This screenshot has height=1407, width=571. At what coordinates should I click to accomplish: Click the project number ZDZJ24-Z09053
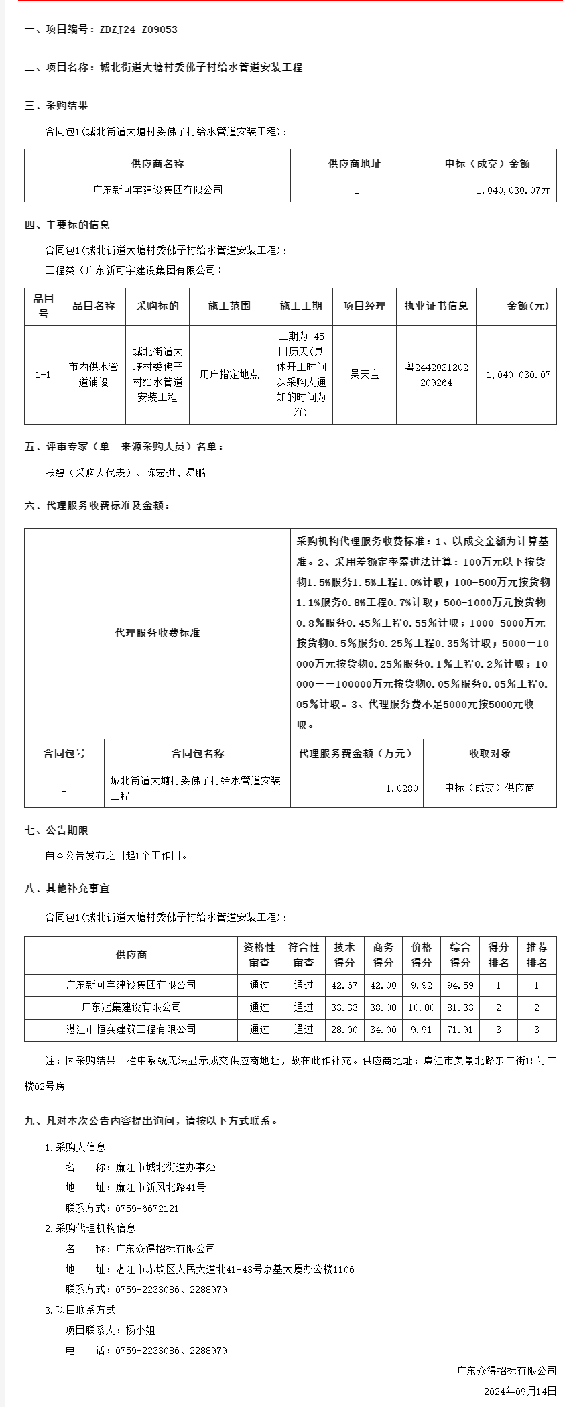click(x=138, y=29)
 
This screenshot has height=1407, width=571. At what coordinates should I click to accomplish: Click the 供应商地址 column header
click(x=354, y=164)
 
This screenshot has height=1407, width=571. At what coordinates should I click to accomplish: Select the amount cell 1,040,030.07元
click(x=513, y=190)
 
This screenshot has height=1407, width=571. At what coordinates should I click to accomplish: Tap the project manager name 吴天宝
click(x=365, y=375)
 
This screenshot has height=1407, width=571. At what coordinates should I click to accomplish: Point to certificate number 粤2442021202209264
click(x=436, y=375)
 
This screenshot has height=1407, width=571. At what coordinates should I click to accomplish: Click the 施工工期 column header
click(x=301, y=306)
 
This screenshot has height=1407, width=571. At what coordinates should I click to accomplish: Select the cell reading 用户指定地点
click(x=229, y=375)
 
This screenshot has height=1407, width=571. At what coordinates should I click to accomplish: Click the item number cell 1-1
click(x=43, y=375)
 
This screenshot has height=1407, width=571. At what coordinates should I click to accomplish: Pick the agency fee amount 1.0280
click(x=401, y=788)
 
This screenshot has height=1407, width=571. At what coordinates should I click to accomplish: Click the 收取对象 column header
click(x=489, y=753)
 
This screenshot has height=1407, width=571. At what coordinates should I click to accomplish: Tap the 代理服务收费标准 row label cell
click(x=157, y=633)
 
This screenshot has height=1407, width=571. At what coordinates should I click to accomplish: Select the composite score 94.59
click(x=460, y=985)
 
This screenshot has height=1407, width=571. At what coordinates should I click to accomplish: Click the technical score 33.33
click(x=344, y=1007)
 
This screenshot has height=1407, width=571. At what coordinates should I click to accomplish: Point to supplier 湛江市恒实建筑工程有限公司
click(x=131, y=1030)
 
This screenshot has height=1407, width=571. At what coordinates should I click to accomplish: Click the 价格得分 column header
click(x=422, y=955)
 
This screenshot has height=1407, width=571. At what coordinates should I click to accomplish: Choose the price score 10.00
click(x=422, y=1007)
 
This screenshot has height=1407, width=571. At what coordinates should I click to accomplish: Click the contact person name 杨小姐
click(x=140, y=1330)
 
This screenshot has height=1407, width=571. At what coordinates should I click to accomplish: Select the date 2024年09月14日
click(x=519, y=1391)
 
